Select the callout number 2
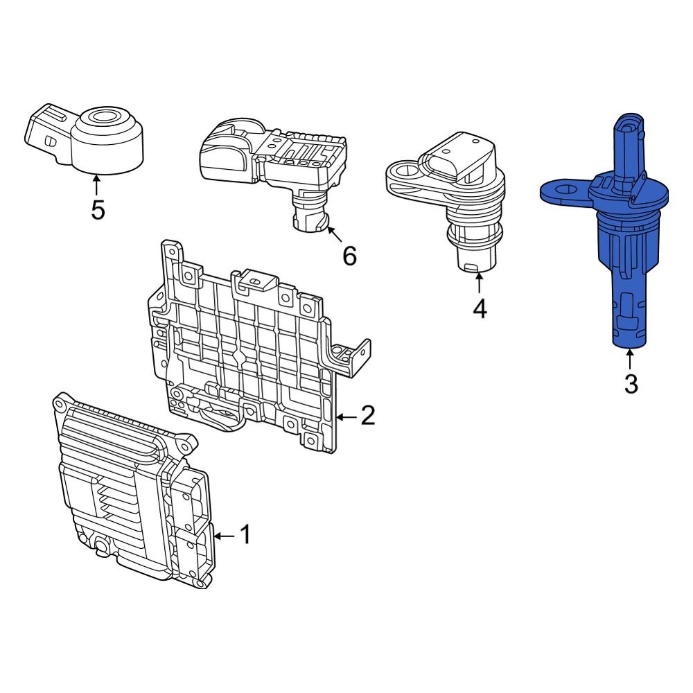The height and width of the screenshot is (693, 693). [x=367, y=416]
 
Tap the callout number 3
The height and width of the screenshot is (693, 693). [x=630, y=383]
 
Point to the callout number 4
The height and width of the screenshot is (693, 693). [x=480, y=308]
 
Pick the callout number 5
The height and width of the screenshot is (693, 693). [x=98, y=209]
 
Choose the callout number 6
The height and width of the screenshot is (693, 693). [x=349, y=256]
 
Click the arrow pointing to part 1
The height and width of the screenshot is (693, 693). [x=224, y=535]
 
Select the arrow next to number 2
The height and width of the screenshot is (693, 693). [x=346, y=416]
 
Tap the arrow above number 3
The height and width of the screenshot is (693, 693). [x=630, y=359]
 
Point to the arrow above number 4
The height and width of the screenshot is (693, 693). [x=480, y=284]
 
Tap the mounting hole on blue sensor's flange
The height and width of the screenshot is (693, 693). [x=562, y=188]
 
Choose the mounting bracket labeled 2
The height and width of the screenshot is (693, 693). [x=249, y=346]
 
